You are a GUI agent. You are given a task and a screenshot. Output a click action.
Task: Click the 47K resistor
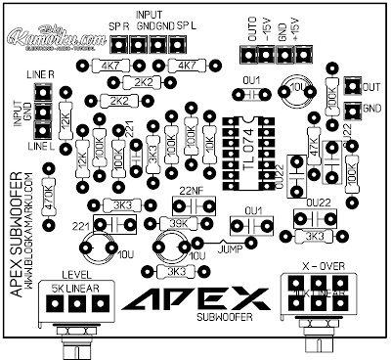(x=312, y=147)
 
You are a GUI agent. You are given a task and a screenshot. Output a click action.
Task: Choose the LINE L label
(x=40, y=146)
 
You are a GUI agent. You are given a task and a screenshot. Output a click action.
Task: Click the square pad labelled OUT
(x=344, y=86)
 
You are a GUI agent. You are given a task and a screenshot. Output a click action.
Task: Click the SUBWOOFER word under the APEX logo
(x=225, y=318)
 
